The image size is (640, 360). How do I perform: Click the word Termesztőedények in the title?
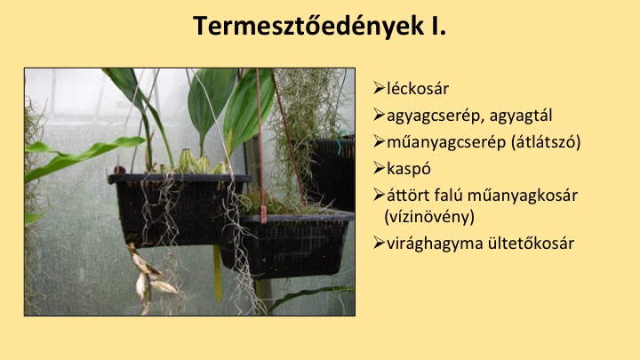308,27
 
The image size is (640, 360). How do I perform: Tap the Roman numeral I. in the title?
437,26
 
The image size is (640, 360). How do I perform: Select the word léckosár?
418,89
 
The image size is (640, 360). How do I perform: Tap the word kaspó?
409,169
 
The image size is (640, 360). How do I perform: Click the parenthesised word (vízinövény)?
429,216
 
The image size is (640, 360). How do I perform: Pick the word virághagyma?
435,244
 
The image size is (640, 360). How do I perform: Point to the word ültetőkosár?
531,243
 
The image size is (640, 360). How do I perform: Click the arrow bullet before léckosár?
379,88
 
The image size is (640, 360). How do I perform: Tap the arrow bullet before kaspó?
379,168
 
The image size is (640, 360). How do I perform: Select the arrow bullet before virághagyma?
379,243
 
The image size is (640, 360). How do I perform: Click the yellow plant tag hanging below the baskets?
218,274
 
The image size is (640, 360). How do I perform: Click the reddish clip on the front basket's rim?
263,214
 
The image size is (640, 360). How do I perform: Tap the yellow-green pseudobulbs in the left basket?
196,162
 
